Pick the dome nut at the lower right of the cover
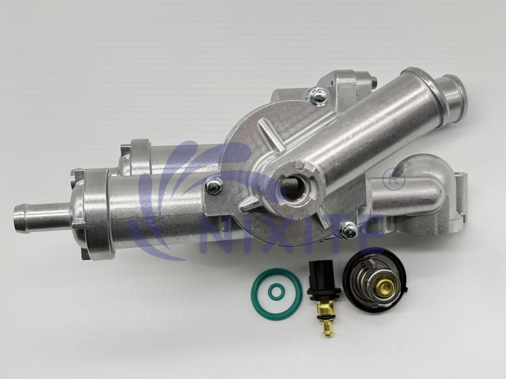pos(348,231)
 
